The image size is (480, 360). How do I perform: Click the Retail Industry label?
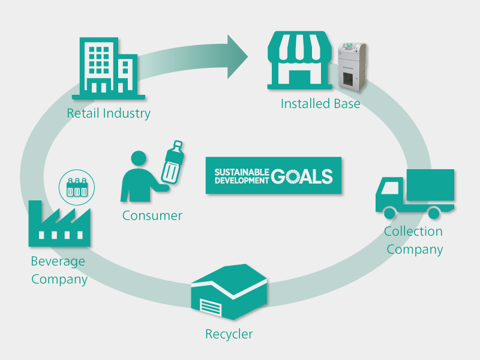(x=109, y=113)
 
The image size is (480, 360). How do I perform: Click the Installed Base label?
(x=320, y=104)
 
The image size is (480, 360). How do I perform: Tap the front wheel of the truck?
(x=390, y=212)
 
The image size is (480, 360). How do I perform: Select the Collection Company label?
(x=414, y=240)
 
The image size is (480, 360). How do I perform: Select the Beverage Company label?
(x=59, y=270)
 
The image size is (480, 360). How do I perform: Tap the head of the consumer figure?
(x=139, y=159)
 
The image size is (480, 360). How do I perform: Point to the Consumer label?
(x=152, y=215)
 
